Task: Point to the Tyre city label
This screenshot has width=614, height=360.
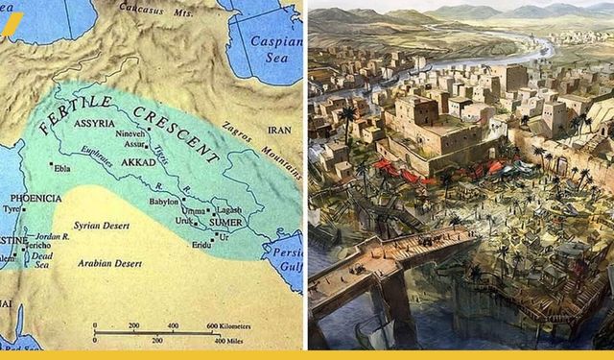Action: [x=12, y=208]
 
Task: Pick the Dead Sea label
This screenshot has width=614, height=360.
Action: [x=37, y=257]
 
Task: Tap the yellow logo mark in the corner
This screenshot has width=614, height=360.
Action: [x=11, y=24]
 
